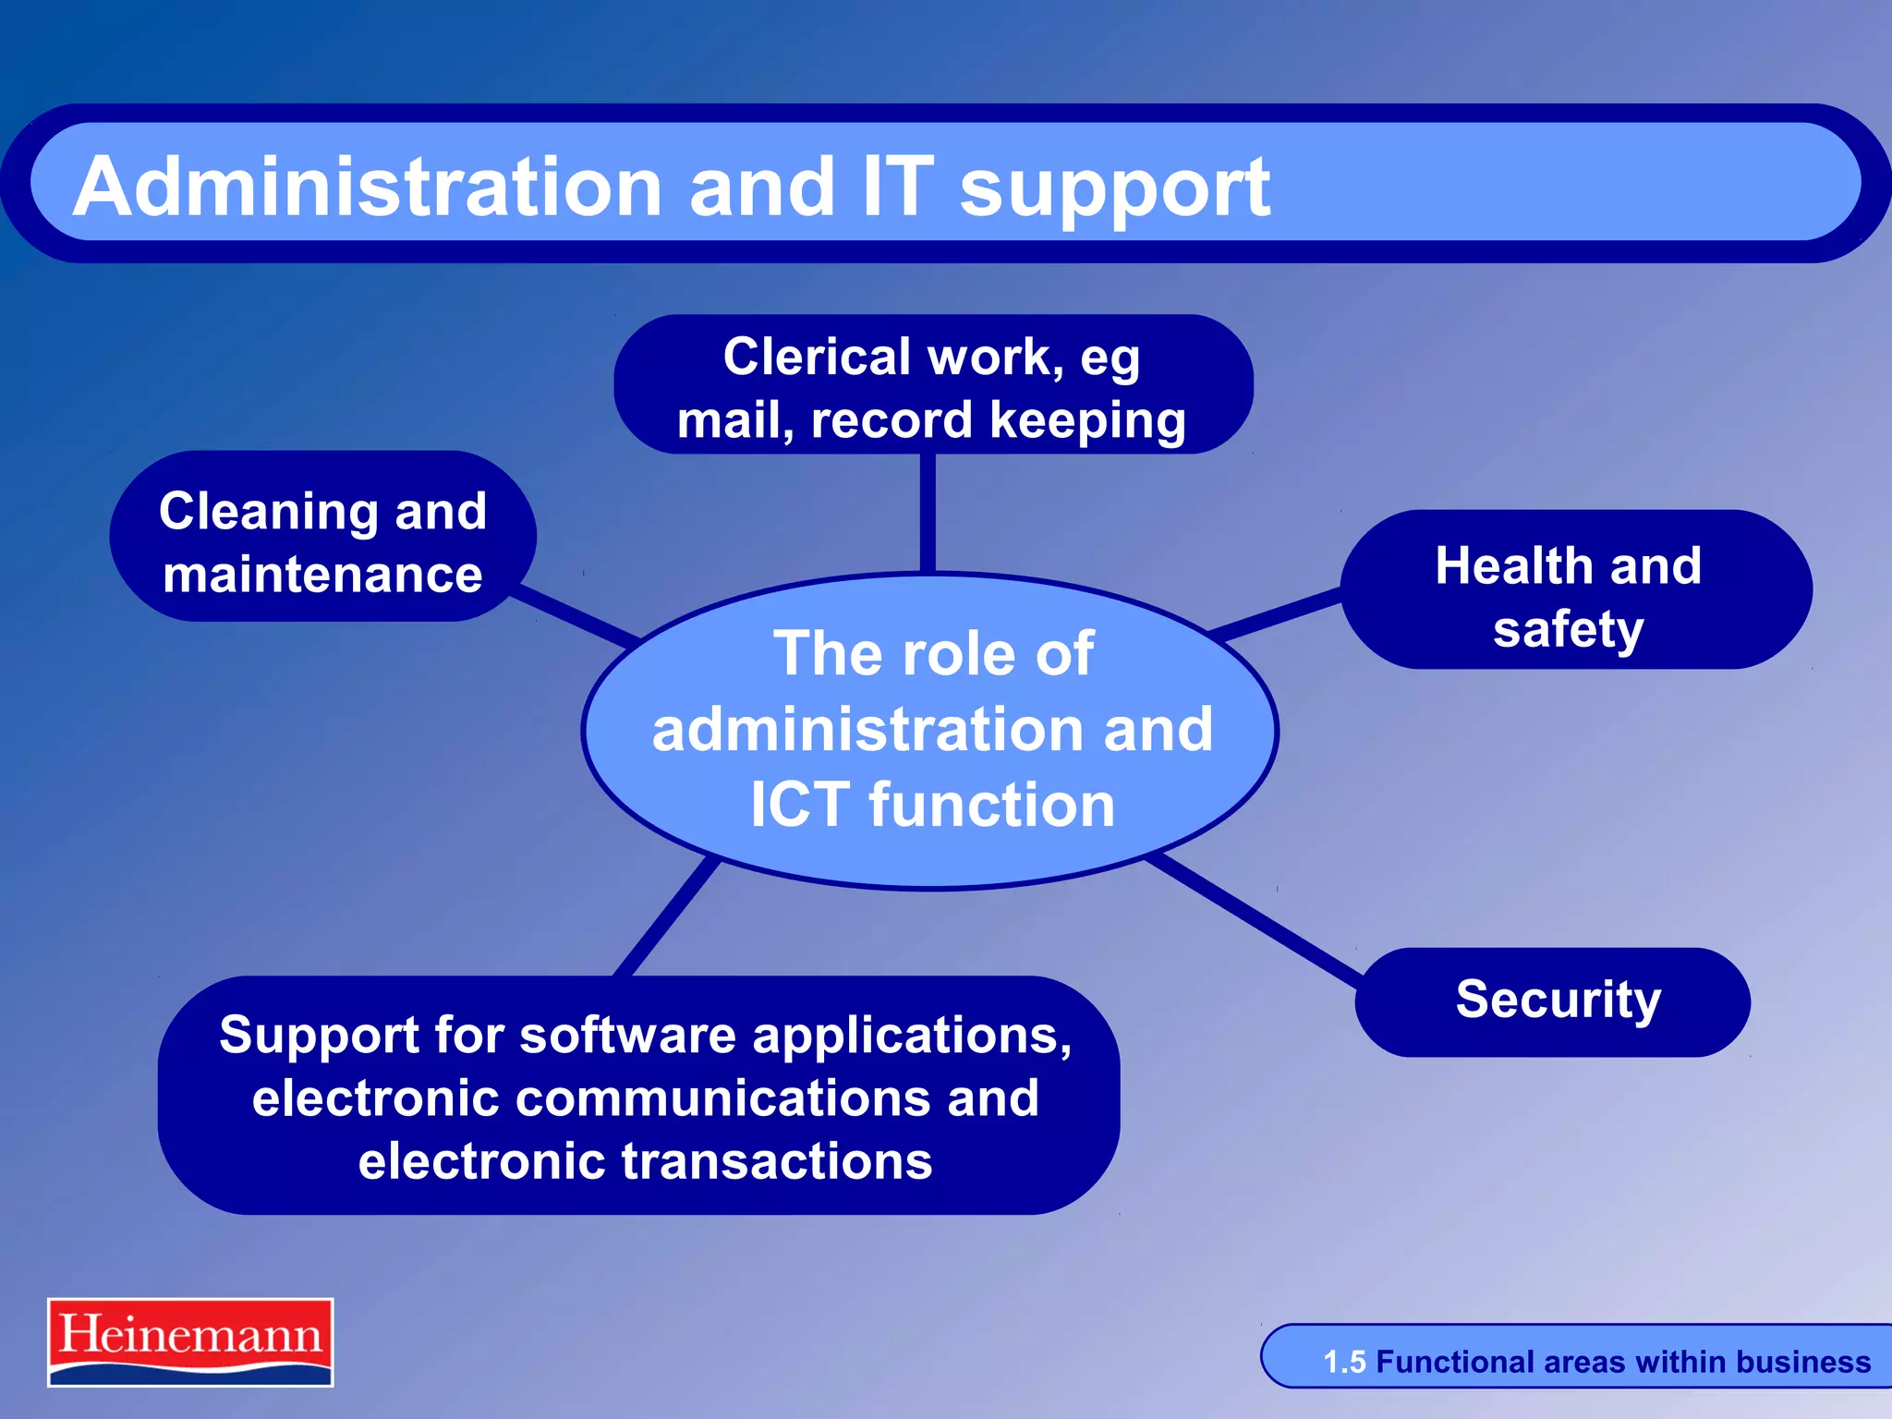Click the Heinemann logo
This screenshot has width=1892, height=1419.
[190, 1341]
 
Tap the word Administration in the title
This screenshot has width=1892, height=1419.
[368, 188]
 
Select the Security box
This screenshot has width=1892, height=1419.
[1552, 1001]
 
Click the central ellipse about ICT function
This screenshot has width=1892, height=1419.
[930, 730]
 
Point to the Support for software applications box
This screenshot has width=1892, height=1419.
[639, 1096]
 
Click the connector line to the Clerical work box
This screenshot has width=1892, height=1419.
[928, 513]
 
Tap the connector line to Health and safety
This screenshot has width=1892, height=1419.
[1275, 613]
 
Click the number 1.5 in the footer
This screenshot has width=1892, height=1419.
[1344, 1363]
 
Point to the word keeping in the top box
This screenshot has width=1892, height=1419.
[1087, 420]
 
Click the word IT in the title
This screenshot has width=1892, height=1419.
[897, 188]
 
